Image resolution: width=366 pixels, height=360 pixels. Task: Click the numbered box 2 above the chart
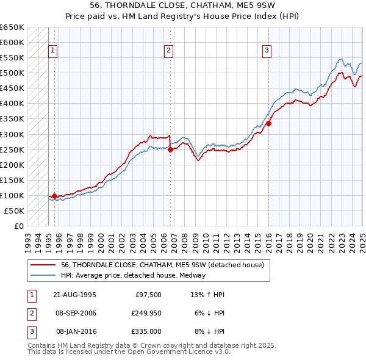(x=168, y=51)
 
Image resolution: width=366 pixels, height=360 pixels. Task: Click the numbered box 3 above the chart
(x=267, y=51)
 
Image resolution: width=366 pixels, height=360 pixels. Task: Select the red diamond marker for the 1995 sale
(x=54, y=196)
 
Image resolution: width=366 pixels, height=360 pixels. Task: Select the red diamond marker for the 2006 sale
(x=170, y=149)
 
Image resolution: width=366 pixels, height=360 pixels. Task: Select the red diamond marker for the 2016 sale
(x=268, y=123)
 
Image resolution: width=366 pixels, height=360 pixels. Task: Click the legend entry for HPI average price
(x=133, y=275)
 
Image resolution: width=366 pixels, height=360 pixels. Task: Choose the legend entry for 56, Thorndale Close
(x=162, y=265)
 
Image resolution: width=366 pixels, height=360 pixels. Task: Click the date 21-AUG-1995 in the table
(x=74, y=294)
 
